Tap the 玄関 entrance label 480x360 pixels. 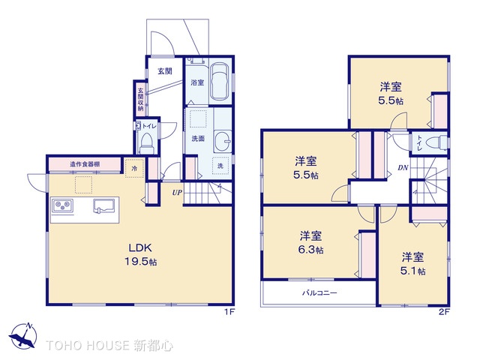(165, 71)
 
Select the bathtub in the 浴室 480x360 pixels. (218, 80)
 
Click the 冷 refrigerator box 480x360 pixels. (134, 169)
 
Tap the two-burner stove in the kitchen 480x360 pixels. (61, 205)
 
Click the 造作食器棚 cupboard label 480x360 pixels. (85, 164)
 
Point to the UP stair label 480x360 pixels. (177, 193)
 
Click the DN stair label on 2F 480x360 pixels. (403, 167)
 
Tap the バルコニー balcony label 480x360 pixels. (319, 293)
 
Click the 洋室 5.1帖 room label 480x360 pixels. (412, 263)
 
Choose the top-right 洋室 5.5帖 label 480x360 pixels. (391, 93)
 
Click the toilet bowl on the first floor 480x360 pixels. (146, 142)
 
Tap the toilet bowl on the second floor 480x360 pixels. (434, 142)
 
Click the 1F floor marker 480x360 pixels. (230, 313)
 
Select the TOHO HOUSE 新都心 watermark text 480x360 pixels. (109, 346)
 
